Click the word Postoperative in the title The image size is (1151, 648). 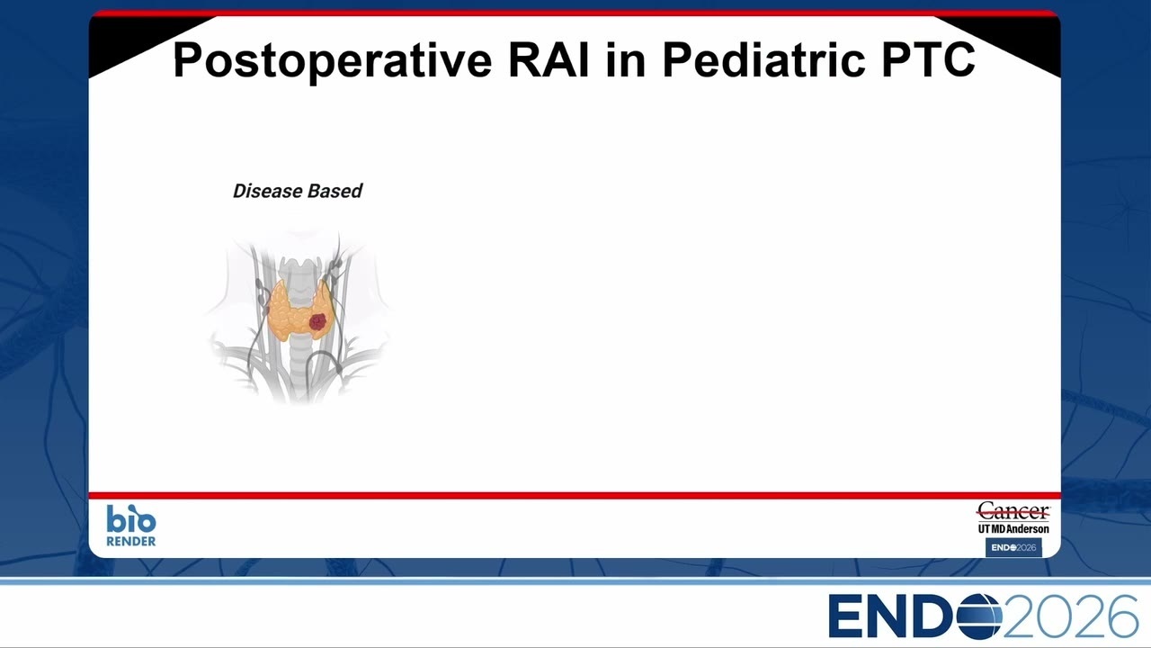(333, 60)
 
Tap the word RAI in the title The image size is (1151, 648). (549, 59)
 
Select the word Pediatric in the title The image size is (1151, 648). (763, 59)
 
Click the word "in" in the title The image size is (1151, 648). (625, 59)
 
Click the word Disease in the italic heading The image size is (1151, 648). (266, 191)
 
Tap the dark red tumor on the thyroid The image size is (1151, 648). (317, 322)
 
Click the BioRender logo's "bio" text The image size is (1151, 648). (131, 518)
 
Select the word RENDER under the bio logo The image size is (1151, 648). (131, 541)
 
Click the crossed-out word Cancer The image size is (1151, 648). (1013, 512)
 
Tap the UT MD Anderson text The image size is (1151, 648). (1013, 528)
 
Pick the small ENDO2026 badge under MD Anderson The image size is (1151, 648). (1013, 548)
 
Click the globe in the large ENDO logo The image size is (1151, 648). (979, 616)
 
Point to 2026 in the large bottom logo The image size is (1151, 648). (1070, 616)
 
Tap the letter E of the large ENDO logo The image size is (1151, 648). (846, 616)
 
